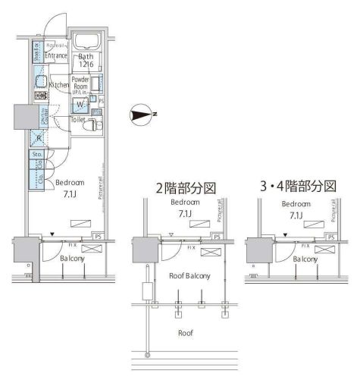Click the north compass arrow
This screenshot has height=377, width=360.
point(142,115)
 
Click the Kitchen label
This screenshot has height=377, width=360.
point(59,86)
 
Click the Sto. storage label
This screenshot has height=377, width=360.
point(36,155)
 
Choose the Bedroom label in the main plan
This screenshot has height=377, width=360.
point(70,183)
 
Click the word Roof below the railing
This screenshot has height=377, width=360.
point(186,332)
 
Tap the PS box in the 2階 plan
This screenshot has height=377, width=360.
point(217,237)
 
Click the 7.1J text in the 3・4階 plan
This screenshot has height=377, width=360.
point(297,215)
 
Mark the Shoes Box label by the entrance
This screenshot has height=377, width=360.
point(36,52)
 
